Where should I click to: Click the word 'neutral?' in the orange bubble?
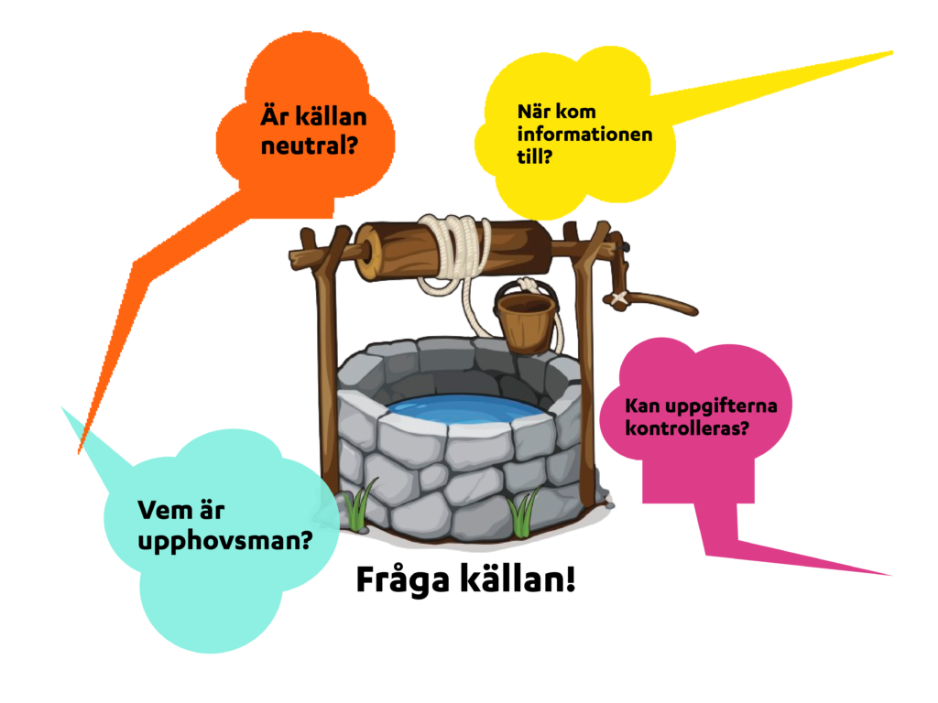(309, 146)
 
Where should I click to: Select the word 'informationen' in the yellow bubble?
(584, 134)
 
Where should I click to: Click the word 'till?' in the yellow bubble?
(534, 157)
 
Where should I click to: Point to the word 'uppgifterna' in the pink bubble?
(722, 406)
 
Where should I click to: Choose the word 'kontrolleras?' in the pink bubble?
(687, 428)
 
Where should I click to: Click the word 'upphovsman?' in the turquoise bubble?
(225, 541)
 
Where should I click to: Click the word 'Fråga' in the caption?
(402, 579)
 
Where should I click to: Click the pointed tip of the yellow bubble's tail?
(891, 52)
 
